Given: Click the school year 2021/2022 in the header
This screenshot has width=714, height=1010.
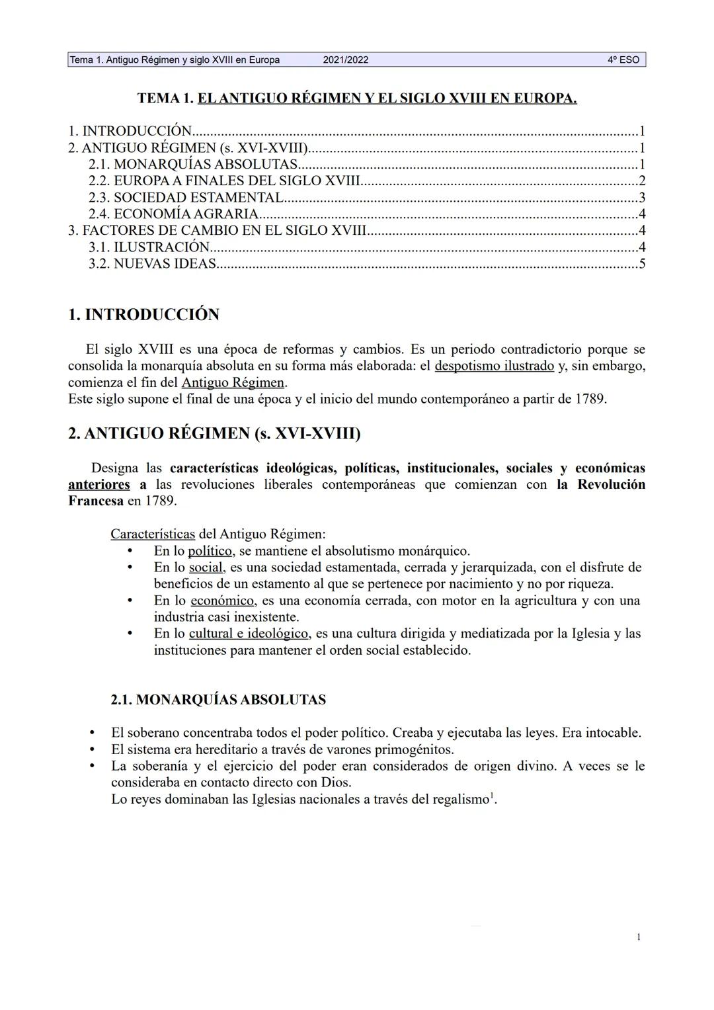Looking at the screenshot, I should [x=346, y=60].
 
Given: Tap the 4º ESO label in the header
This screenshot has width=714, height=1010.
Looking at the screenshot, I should [x=623, y=60].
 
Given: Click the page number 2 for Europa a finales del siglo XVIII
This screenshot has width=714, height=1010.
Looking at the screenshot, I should [x=641, y=181].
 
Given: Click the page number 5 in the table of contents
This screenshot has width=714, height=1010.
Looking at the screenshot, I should [x=641, y=263].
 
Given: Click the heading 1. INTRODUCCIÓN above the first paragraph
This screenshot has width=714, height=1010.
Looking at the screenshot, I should [x=143, y=315].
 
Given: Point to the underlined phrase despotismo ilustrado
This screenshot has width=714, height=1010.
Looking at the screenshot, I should [x=494, y=366].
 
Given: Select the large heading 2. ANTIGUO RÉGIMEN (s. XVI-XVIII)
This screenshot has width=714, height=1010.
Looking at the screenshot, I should [x=214, y=434].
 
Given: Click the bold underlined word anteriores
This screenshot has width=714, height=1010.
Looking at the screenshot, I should [x=99, y=485].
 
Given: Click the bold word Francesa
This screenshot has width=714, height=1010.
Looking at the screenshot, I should [x=95, y=501].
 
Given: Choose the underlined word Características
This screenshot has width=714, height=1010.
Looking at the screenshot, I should [x=153, y=534].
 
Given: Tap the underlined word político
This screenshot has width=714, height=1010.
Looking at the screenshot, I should [x=210, y=551].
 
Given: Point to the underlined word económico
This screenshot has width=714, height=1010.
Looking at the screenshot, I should [x=222, y=601].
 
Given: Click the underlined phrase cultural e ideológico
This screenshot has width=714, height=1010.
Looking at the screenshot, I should [x=249, y=634].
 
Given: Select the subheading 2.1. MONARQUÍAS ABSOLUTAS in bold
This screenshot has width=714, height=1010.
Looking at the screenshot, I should [x=218, y=700].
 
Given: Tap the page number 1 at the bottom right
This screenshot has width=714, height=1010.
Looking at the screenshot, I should [x=639, y=937].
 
